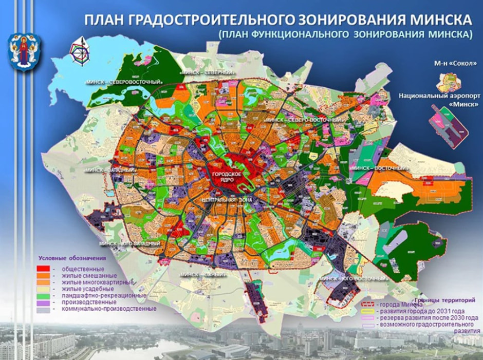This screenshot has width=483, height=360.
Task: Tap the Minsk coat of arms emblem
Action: tap(24, 51)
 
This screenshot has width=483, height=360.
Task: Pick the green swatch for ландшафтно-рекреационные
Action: tap(43, 296)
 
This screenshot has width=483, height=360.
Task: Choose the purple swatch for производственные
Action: tap(43, 302)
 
